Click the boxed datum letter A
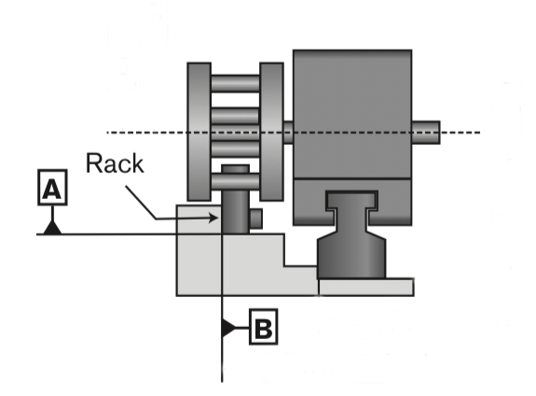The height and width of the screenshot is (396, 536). (52, 188)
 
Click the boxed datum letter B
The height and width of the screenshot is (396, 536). (263, 327)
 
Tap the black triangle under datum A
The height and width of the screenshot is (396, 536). (52, 228)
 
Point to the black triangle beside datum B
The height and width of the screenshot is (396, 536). (228, 328)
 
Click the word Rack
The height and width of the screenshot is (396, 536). (115, 163)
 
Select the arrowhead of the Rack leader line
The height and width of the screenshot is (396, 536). (213, 218)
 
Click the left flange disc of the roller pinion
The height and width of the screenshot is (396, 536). (199, 132)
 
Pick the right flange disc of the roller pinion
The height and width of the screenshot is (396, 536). (271, 132)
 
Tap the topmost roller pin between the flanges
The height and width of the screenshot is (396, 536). (235, 83)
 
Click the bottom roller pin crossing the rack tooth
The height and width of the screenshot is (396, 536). (235, 181)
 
